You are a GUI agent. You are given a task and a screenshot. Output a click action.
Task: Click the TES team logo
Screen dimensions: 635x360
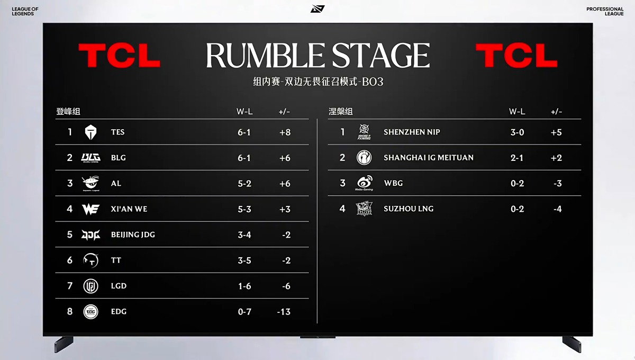point(90,132)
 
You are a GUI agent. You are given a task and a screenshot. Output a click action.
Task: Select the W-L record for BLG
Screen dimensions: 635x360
point(244,158)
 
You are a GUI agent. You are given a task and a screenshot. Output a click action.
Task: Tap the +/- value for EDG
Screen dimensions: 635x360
point(284,312)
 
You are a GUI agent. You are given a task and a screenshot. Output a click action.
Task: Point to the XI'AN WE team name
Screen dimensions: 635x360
point(129,209)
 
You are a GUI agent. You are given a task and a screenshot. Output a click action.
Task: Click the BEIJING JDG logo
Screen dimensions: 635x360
point(90,235)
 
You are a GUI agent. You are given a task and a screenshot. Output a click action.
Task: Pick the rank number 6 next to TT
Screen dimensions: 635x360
point(70,260)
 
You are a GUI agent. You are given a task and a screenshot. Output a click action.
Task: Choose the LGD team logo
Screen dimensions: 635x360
point(90,286)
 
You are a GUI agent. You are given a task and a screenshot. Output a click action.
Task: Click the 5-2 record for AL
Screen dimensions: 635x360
point(244,184)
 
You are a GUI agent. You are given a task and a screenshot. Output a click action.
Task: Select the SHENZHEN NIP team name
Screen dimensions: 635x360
point(412,132)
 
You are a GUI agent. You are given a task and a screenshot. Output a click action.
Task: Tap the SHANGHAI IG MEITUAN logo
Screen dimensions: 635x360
point(364,157)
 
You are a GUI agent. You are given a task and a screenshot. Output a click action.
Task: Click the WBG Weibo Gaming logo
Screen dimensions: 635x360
point(364,183)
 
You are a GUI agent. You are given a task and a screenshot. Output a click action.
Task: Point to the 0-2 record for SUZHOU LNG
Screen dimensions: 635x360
point(518,209)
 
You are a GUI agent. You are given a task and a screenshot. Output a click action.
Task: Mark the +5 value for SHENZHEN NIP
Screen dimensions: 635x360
point(556,132)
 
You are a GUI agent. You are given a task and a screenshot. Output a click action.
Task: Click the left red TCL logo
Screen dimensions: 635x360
point(120,55)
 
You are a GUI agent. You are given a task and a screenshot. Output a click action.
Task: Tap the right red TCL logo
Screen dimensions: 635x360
point(516,55)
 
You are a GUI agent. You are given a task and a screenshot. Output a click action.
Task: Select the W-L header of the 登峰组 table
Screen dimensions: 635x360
point(244,112)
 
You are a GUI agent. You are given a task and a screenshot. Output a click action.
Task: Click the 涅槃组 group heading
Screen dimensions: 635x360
point(341,112)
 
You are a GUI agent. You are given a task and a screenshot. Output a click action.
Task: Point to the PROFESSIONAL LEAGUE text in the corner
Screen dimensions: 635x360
point(605,11)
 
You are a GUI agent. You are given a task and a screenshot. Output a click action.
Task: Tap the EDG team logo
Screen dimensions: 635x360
point(90,312)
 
